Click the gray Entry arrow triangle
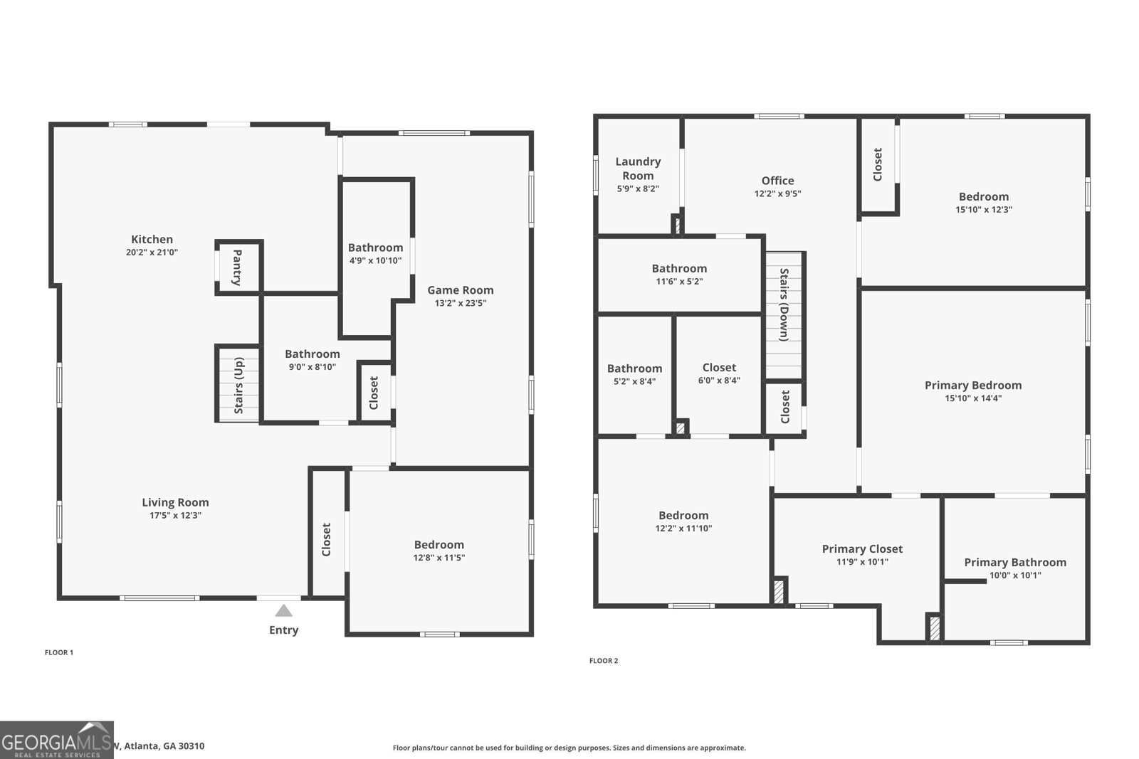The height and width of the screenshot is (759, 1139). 283,610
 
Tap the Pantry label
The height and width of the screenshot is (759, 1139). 237,267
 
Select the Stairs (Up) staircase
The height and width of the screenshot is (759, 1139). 238,385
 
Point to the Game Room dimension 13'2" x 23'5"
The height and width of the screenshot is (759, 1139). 461,303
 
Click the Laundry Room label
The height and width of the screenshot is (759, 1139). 638,169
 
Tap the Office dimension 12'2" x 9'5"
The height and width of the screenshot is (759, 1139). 777,193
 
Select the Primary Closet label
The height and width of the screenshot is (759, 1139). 862,548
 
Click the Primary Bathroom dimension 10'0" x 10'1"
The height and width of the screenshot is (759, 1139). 1015,575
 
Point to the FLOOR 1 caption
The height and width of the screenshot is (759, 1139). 59,652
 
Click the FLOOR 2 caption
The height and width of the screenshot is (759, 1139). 604,661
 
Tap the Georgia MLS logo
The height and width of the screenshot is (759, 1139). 57,740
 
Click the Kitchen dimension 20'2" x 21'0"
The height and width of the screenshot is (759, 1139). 152,253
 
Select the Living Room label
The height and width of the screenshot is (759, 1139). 175,502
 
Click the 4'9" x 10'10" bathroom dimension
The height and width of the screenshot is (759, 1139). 375,261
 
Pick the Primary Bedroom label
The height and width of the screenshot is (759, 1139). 972,385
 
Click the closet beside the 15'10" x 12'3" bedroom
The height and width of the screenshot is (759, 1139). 878,164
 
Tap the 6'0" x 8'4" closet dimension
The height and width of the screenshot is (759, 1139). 719,381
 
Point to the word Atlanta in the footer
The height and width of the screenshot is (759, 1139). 142,746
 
